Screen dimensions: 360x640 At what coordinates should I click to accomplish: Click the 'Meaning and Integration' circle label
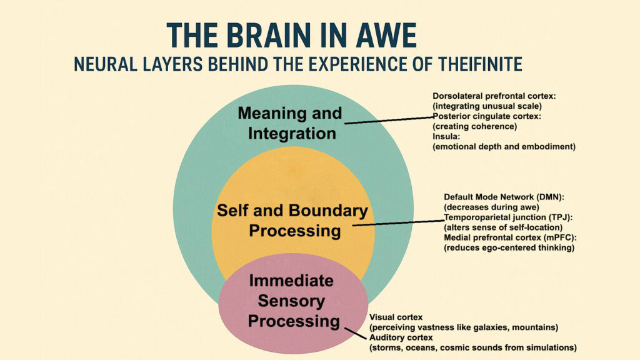tap(291, 123)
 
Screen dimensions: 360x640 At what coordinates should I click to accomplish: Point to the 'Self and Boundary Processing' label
tap(292, 220)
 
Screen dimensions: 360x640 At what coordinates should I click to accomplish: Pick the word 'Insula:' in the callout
tap(446, 136)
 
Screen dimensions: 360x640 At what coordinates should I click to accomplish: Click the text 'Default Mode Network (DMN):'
tap(504, 197)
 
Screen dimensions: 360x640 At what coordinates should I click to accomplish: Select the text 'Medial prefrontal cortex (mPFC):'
tap(509, 237)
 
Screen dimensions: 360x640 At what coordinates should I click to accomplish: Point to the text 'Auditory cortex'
tap(401, 337)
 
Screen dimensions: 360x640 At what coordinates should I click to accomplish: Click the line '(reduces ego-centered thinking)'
tap(509, 247)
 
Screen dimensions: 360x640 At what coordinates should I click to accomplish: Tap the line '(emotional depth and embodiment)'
tap(504, 146)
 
